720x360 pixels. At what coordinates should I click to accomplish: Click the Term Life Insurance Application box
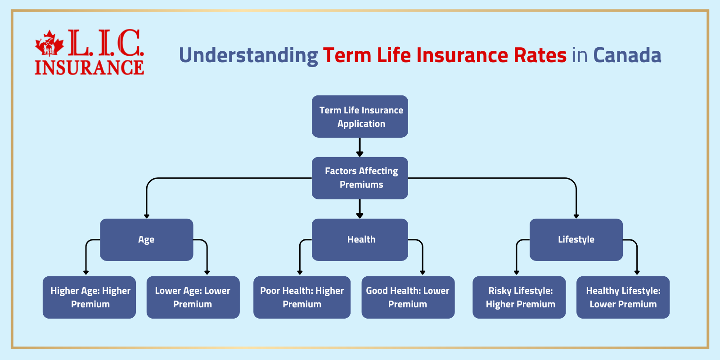(360, 117)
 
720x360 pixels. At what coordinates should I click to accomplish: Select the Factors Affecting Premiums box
(360, 178)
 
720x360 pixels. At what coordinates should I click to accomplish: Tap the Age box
(146, 240)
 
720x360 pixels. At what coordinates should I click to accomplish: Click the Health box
(360, 240)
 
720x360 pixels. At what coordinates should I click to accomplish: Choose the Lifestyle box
(576, 240)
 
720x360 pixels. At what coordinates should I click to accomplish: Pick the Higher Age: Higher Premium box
(89, 297)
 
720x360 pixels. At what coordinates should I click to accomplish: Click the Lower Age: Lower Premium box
(193, 297)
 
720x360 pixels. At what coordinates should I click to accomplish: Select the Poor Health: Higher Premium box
(301, 297)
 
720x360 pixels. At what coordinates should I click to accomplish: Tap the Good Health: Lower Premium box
(408, 297)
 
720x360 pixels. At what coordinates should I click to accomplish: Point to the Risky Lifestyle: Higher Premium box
(519, 297)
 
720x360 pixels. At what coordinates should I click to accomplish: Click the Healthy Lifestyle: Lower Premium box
(623, 297)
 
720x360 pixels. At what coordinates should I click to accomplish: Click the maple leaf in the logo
(49, 43)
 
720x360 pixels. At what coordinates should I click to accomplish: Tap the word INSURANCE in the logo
(89, 67)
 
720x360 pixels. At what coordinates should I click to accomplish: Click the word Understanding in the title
(248, 56)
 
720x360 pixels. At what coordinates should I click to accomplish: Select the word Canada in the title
(627, 55)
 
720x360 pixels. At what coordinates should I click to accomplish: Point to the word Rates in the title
(540, 55)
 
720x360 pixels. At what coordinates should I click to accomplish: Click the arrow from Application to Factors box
(360, 148)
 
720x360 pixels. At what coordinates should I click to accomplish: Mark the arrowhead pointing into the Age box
(147, 216)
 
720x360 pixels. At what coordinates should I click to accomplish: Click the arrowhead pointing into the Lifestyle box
(576, 216)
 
